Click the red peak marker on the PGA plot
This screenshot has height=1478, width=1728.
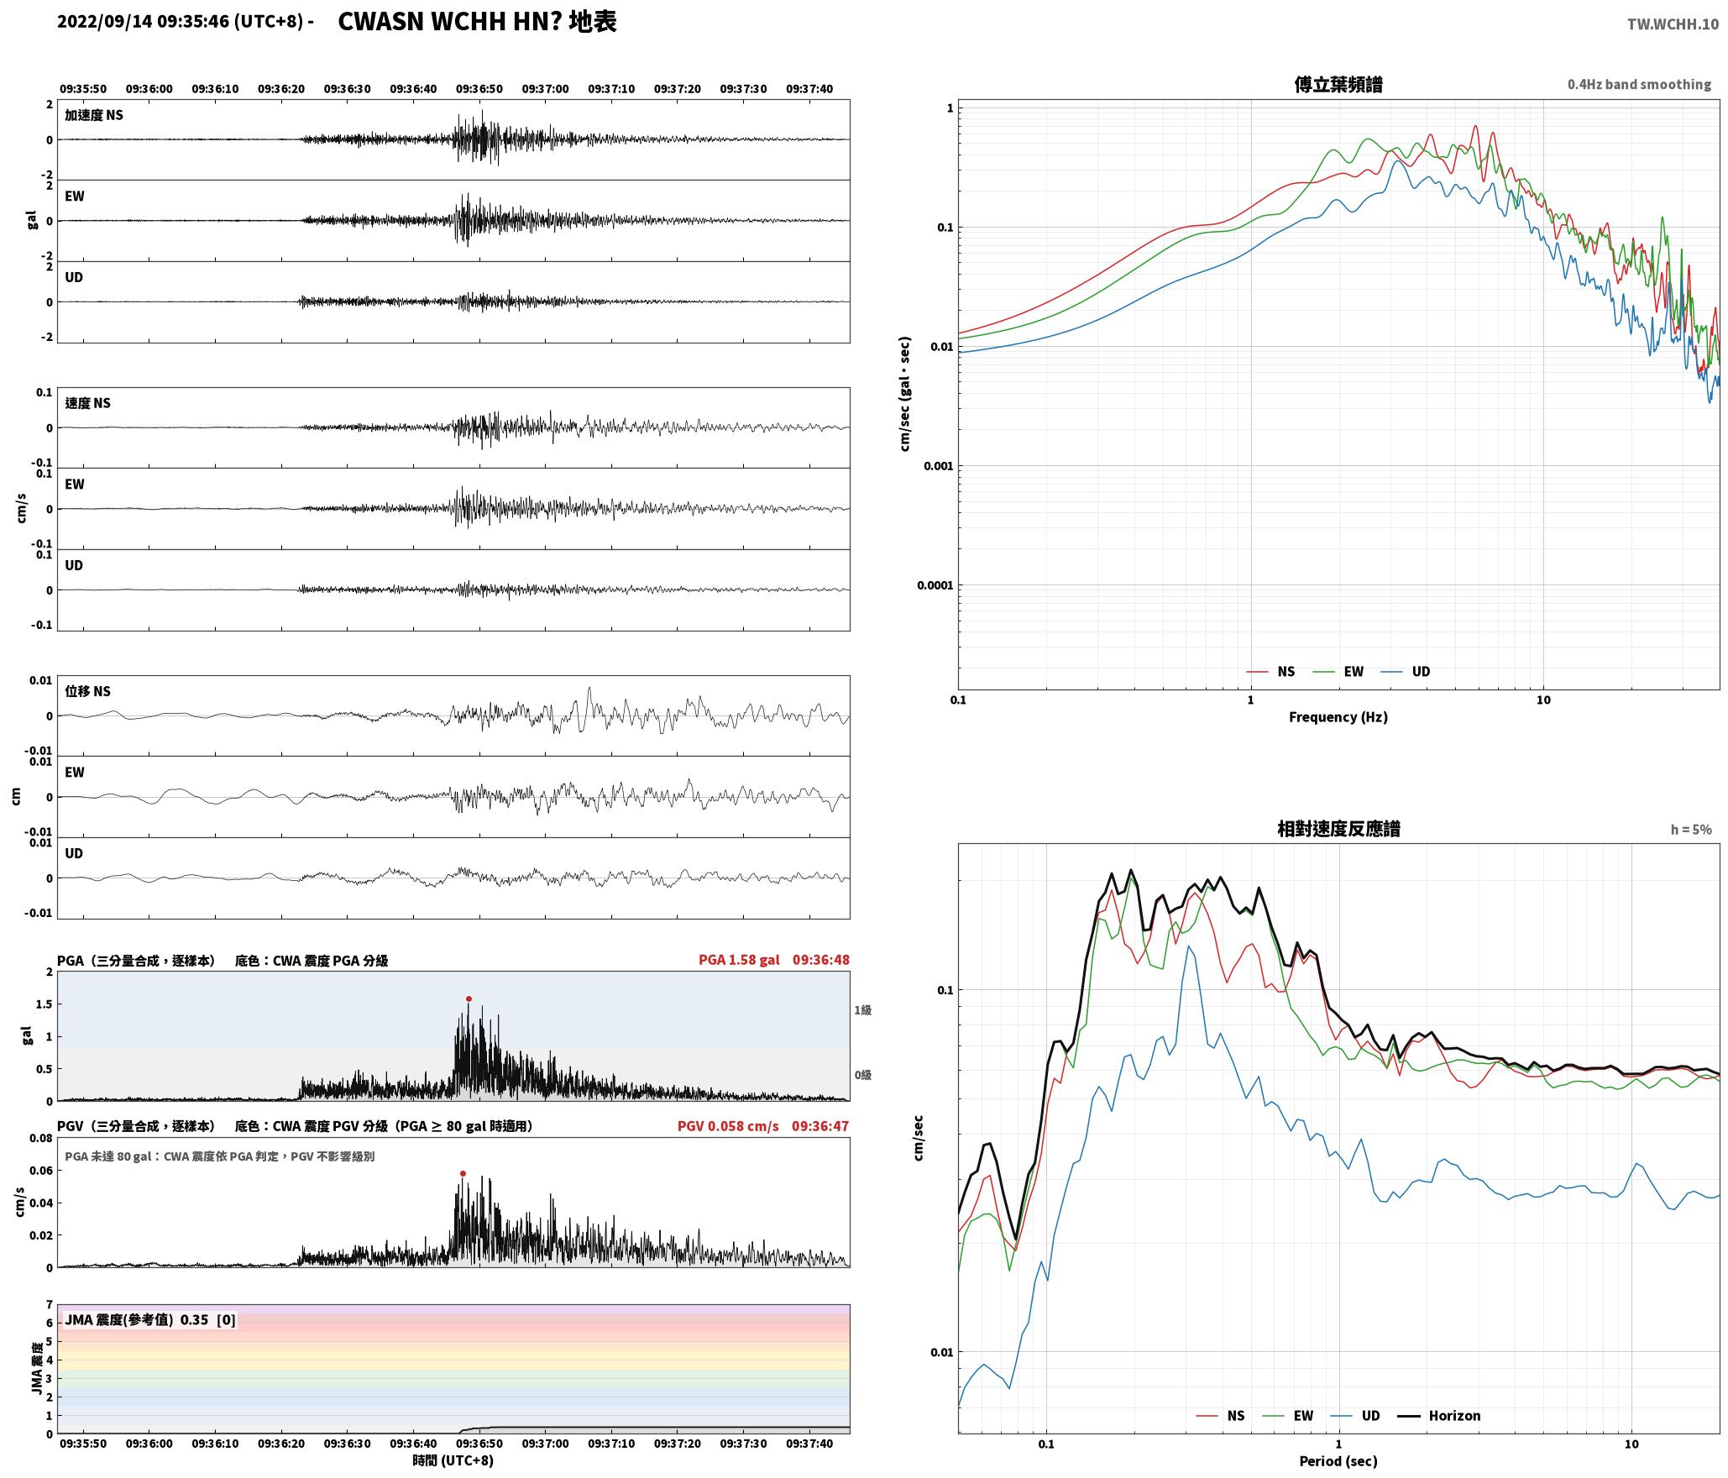click(x=469, y=998)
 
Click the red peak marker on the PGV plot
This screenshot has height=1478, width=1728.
click(x=463, y=1173)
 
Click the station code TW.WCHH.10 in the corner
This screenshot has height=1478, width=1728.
click(x=1673, y=24)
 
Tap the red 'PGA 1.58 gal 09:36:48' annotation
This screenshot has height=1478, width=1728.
click(x=774, y=960)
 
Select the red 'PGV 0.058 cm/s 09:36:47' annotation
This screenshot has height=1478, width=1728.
click(x=763, y=1126)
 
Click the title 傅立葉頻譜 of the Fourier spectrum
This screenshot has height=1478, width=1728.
click(x=1338, y=85)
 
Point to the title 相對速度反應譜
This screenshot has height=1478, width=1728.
click(x=1338, y=829)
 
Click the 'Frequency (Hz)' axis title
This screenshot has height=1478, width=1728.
click(x=1338, y=717)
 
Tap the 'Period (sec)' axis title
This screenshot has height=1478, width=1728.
click(x=1338, y=1461)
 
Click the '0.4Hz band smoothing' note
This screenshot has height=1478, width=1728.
click(x=1639, y=85)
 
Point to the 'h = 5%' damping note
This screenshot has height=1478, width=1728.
click(x=1691, y=830)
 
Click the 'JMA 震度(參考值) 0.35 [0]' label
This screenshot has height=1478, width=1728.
click(x=150, y=1319)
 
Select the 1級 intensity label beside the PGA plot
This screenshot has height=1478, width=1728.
click(x=862, y=1010)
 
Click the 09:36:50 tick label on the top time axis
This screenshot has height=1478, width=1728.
click(x=479, y=89)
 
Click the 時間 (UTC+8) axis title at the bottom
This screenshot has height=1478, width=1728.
click(x=453, y=1460)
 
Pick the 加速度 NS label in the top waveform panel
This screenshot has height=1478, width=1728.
click(x=94, y=115)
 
